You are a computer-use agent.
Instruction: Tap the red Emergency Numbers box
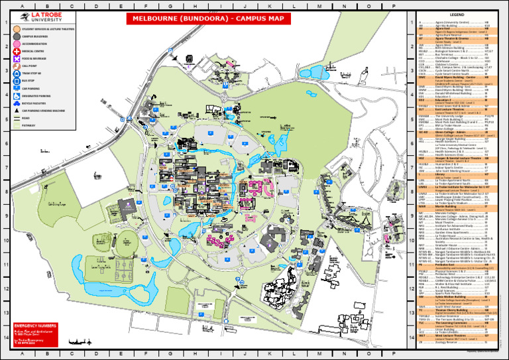[x=35, y=335]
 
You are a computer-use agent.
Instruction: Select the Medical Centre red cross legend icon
[x=15, y=52]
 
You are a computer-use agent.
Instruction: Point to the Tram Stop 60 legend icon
[x=15, y=74]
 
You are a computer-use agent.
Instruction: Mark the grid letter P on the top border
[x=393, y=7]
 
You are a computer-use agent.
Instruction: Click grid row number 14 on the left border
[x=5, y=337]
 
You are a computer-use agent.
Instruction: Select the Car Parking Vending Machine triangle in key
[x=15, y=111]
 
